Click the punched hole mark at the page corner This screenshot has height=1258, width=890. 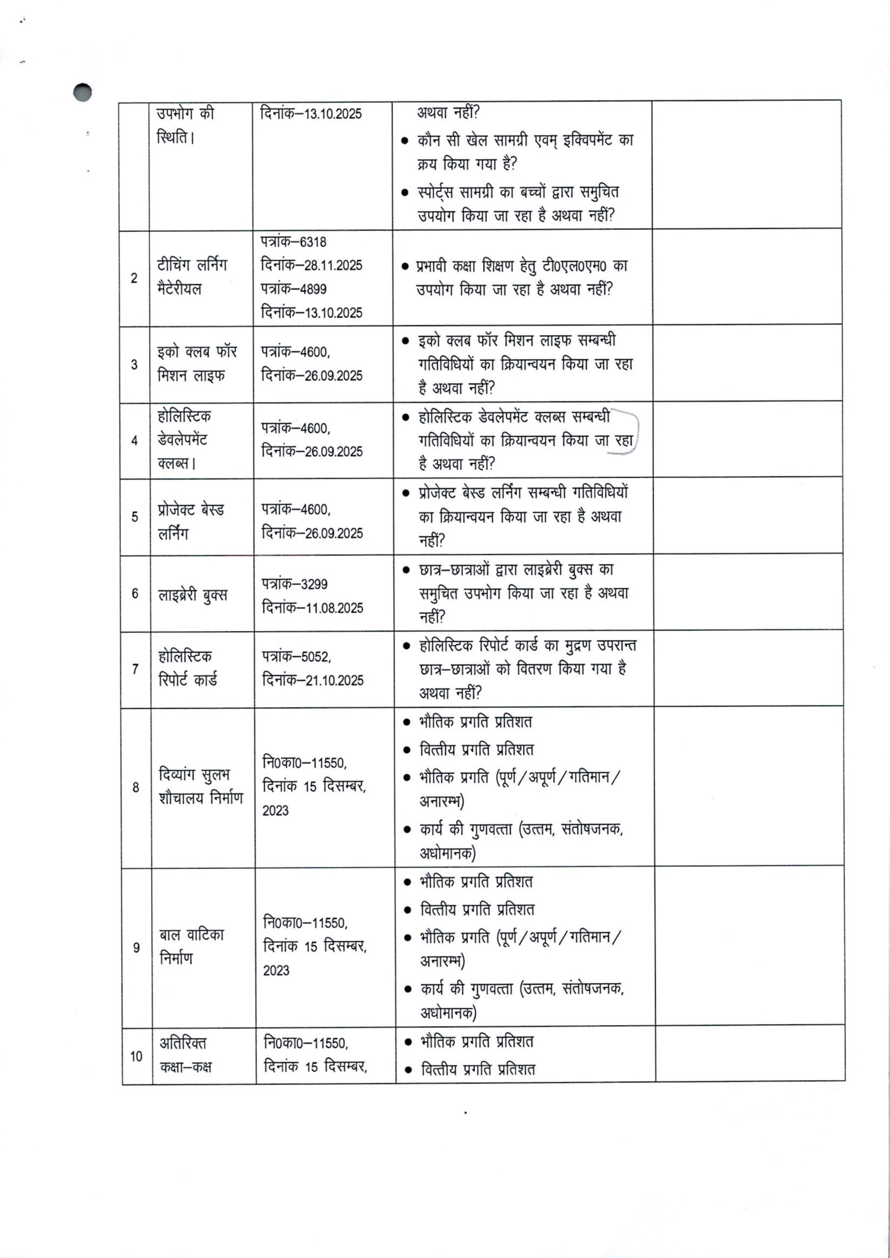(82, 92)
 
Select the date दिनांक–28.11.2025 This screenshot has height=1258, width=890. (311, 265)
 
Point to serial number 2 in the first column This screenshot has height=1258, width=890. (134, 278)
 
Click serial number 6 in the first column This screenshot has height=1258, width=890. (135, 593)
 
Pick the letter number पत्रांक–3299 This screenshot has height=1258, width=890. (294, 584)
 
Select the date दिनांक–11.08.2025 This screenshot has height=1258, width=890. (312, 608)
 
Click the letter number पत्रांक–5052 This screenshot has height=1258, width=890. (296, 656)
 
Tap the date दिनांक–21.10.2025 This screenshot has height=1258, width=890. (312, 680)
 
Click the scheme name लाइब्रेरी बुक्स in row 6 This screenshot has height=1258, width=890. (193, 595)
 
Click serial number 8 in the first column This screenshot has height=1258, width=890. (136, 788)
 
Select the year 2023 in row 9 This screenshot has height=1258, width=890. (276, 970)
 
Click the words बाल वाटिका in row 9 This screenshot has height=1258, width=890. (192, 935)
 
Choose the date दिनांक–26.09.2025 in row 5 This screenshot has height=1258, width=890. (312, 533)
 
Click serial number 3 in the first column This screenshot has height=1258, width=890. (134, 365)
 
